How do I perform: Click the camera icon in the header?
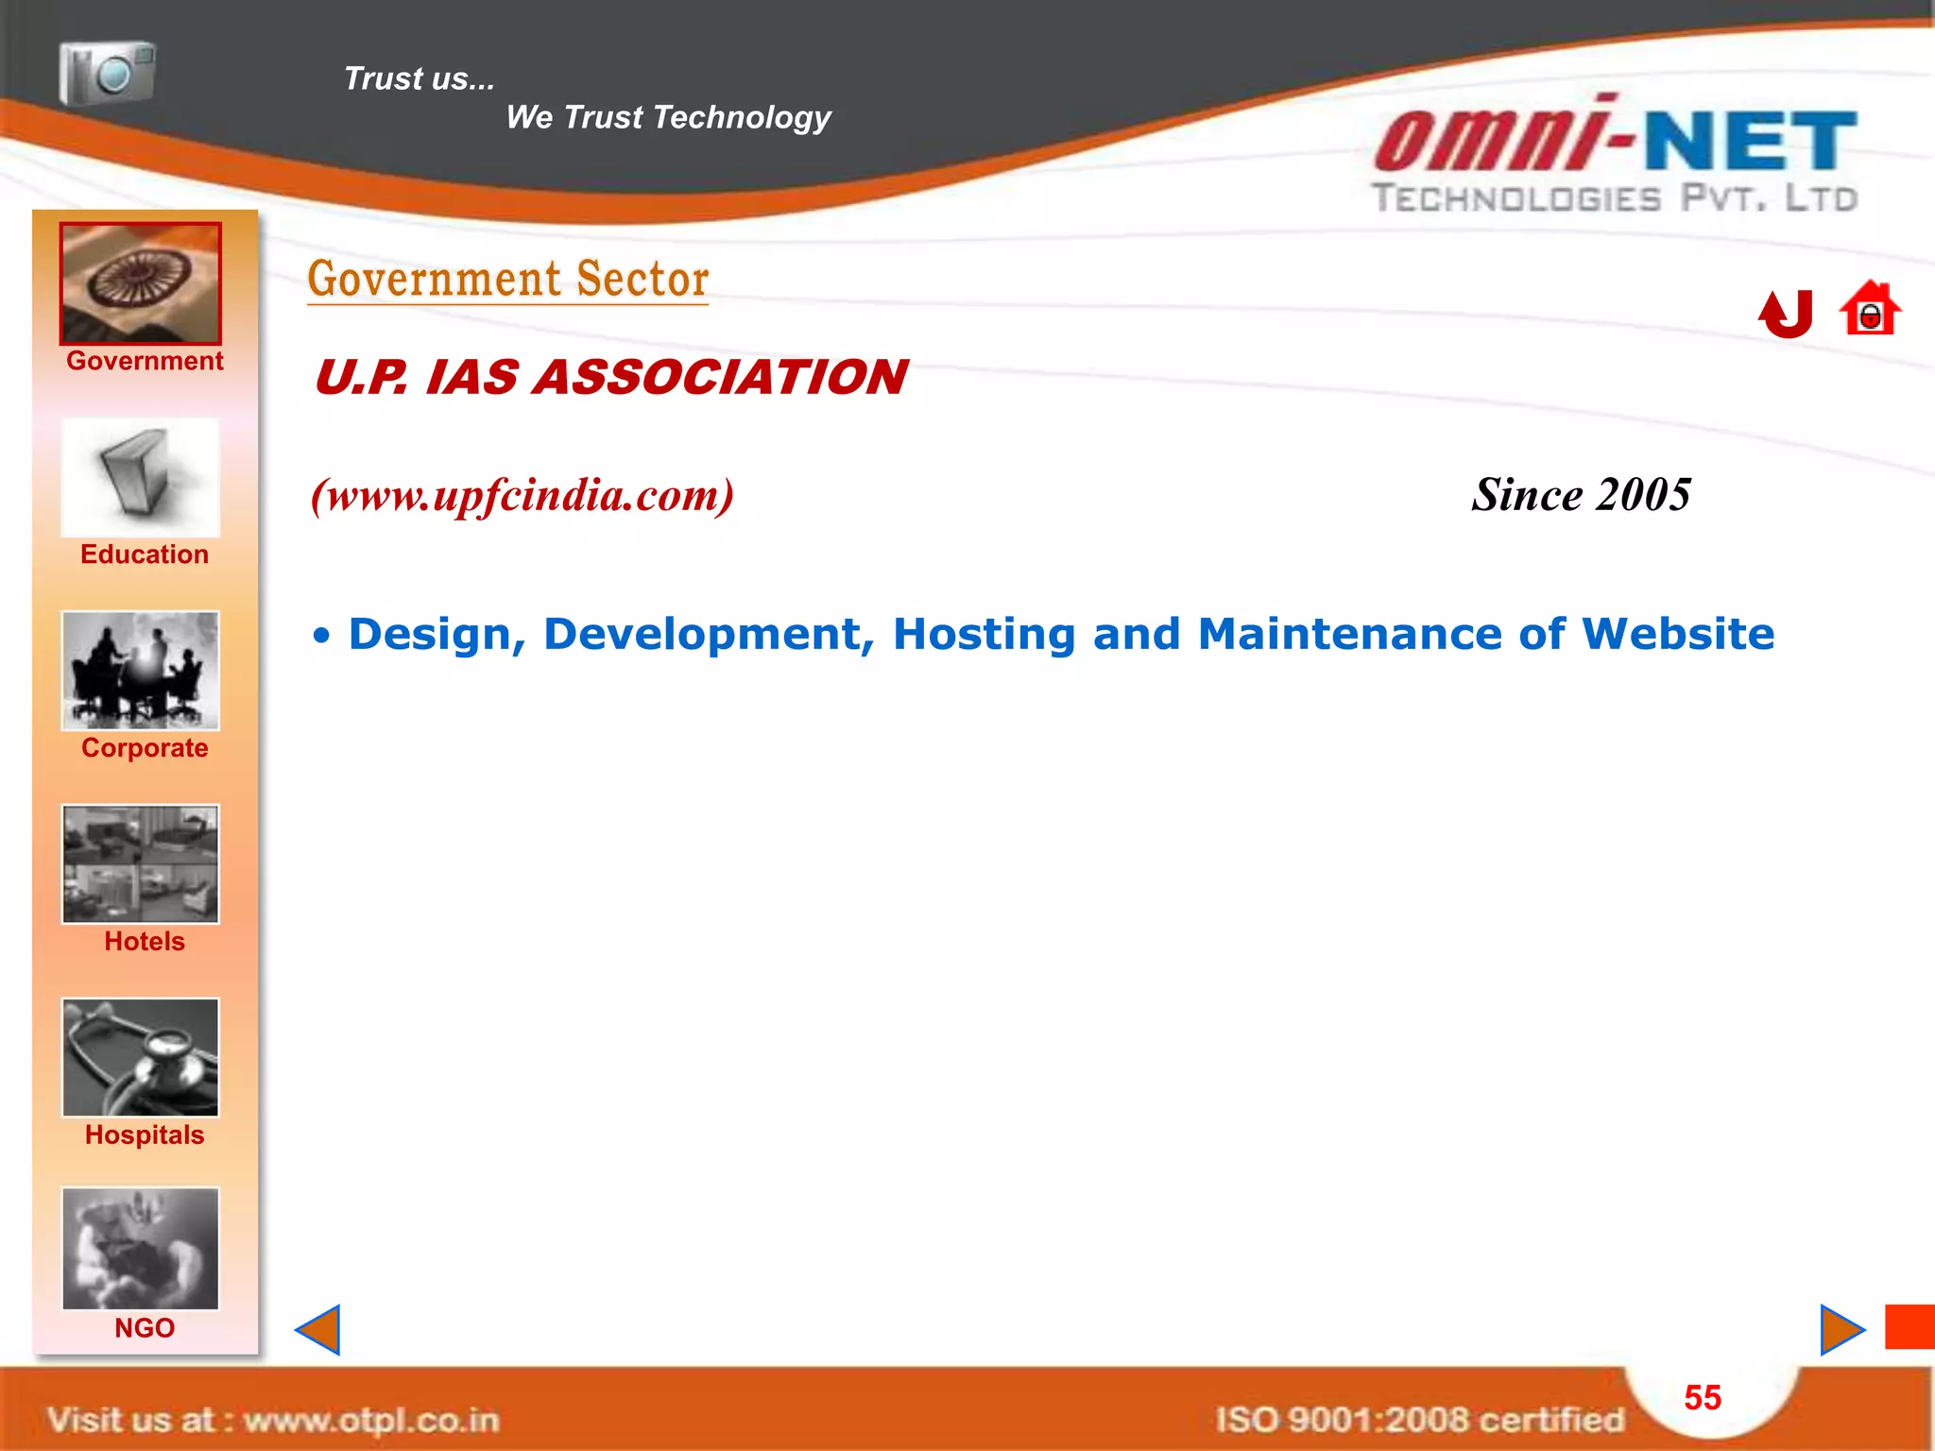point(107,73)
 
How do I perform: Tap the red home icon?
point(1869,309)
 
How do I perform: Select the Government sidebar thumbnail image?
point(141,283)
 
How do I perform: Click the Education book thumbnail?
point(141,478)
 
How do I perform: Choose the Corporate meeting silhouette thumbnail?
point(141,671)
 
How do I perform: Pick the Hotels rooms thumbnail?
point(141,863)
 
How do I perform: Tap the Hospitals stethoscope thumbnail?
point(141,1057)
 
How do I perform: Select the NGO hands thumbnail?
point(141,1249)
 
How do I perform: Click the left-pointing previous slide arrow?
point(318,1330)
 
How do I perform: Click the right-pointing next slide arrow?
point(1841,1330)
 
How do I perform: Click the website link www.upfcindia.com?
point(522,495)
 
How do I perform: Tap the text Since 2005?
point(1581,495)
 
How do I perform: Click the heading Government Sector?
point(508,280)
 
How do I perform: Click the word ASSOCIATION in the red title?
point(720,377)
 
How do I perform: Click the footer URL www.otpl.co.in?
point(371,1420)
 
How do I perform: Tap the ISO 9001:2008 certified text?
point(1419,1420)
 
